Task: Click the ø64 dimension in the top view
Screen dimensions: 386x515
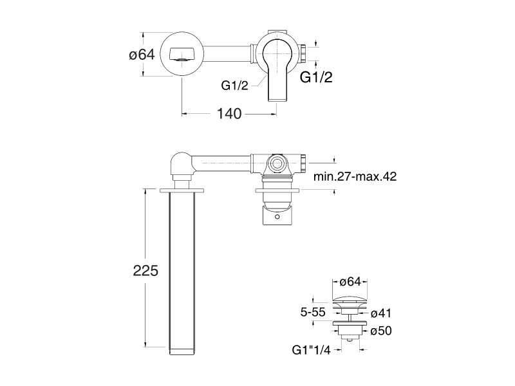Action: click(142, 55)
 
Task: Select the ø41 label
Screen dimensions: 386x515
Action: click(381, 313)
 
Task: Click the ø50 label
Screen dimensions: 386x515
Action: click(381, 331)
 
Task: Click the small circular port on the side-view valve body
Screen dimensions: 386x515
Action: click(277, 163)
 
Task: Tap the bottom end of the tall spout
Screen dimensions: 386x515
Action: click(182, 351)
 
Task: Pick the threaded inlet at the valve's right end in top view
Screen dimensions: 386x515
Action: click(303, 54)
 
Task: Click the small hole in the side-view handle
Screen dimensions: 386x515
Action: click(277, 217)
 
